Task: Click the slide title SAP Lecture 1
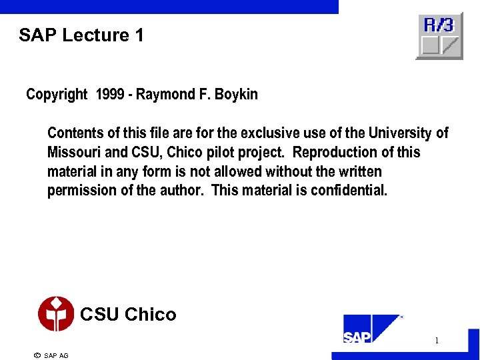click(81, 35)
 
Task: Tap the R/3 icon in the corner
click(439, 36)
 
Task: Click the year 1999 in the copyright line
click(110, 95)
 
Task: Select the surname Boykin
click(236, 95)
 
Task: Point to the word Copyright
click(57, 95)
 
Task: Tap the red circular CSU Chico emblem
click(56, 314)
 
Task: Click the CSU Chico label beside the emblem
click(128, 314)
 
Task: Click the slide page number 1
click(437, 341)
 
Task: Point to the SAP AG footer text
click(56, 355)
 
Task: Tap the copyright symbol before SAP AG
click(37, 355)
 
